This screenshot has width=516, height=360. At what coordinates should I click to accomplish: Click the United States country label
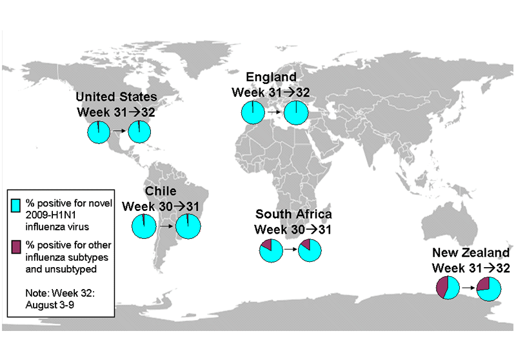tap(116, 97)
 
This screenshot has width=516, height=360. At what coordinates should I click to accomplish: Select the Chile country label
tap(161, 192)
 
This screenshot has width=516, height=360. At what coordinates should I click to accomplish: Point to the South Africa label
tap(293, 214)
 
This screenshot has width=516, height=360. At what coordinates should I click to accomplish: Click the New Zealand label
tap(471, 252)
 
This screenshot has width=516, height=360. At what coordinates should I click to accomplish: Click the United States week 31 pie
tap(99, 133)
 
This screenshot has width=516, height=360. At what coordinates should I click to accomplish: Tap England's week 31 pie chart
tap(253, 112)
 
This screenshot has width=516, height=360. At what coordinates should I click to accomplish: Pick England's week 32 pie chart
tap(295, 112)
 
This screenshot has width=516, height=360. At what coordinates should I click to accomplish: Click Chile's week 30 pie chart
tap(143, 226)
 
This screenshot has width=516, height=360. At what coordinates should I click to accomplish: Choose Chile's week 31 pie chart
tap(188, 226)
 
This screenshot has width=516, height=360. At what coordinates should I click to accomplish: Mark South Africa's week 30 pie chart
tap(271, 250)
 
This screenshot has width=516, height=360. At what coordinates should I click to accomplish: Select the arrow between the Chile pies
tap(165, 226)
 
